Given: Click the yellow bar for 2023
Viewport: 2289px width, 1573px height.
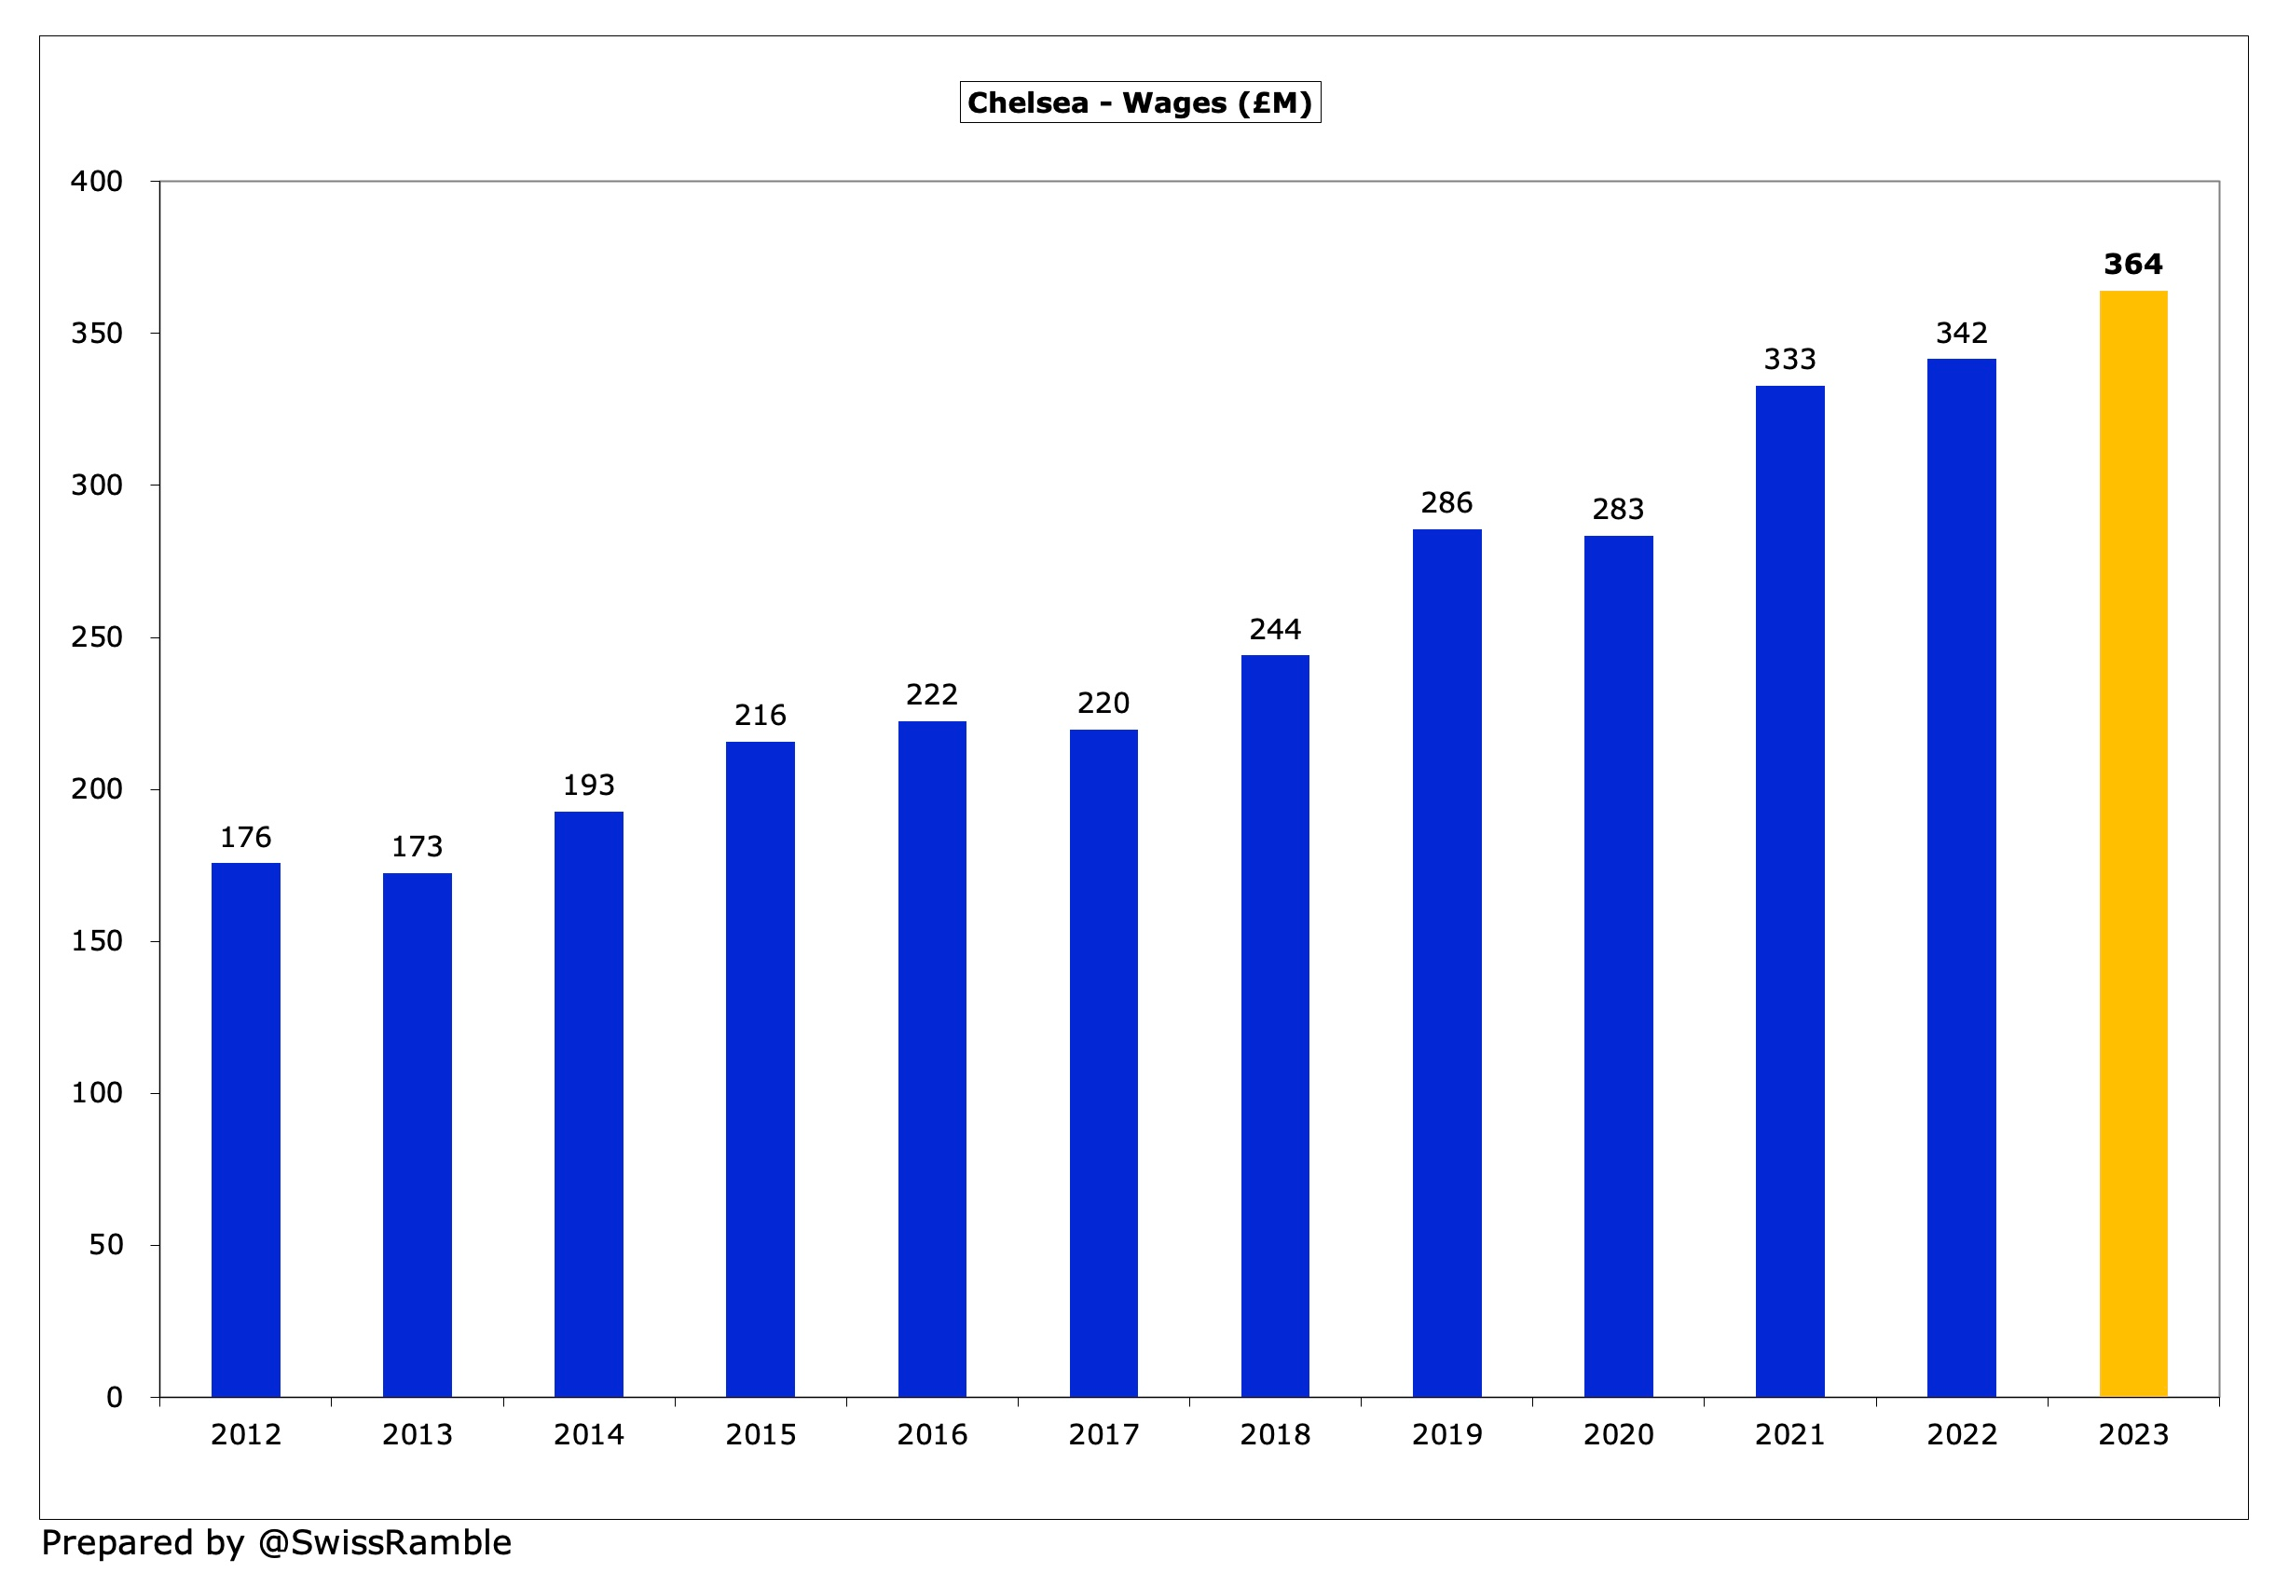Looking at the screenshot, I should coord(2132,842).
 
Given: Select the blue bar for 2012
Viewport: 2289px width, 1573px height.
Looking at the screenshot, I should coord(245,1129).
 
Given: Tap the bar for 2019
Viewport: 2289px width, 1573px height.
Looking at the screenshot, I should coord(1446,963).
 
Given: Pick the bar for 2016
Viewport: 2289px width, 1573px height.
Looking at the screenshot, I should coord(932,1059).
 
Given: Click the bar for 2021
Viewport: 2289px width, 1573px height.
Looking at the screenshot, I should coord(1789,891).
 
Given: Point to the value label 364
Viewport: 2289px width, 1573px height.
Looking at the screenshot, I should coord(2132,264).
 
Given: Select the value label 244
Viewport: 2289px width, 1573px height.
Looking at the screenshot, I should coord(1275,629).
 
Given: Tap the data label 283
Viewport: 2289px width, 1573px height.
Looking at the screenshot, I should coord(1618,510).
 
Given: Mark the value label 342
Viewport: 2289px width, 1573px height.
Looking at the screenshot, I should coord(1961,333).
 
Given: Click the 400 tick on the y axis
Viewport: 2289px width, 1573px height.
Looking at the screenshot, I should coord(97,182).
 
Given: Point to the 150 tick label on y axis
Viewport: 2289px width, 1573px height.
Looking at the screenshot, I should coord(97,941).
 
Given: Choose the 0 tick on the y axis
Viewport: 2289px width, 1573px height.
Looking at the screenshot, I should coord(115,1397).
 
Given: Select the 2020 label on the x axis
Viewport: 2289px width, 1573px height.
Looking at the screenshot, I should coord(1618,1434).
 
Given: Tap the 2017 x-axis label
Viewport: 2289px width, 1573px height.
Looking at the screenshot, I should coord(1103,1434).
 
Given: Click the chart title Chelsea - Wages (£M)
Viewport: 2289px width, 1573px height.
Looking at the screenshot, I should coord(1140,103).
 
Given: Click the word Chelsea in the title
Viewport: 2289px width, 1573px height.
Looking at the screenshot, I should coord(1027,103).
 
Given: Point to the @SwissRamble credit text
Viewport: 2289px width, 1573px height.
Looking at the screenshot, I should coord(385,1542).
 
